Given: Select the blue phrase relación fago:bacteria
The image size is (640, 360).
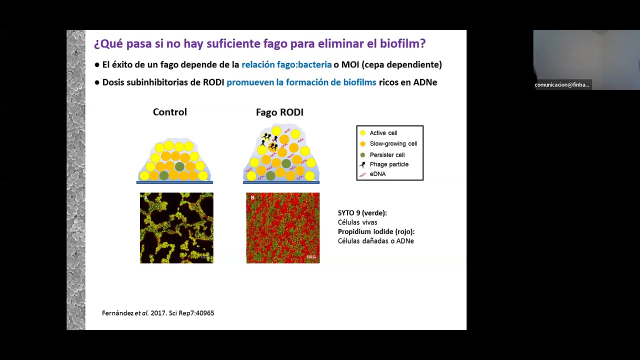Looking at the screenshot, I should tap(286, 64).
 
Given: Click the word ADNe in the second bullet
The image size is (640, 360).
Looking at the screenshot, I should tap(425, 82).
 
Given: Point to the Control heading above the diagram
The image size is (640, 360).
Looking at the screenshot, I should tap(170, 112).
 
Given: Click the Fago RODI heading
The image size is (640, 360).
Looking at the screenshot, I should tap(279, 112).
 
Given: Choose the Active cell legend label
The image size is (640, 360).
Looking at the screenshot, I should tap(383, 133).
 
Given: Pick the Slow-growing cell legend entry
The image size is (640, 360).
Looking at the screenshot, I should tap(393, 143).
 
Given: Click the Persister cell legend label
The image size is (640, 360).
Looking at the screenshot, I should tap(387, 155).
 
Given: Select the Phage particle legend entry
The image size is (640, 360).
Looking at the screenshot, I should tap(389, 164).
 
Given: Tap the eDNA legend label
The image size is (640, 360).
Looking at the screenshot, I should tap(377, 174).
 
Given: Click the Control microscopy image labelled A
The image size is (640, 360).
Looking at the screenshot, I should tap(176, 228).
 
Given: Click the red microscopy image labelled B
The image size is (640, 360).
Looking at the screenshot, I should tap(283, 228).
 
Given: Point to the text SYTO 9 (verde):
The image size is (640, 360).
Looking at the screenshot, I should tap(362, 213).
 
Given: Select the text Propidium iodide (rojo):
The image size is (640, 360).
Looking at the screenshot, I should tap(376, 231).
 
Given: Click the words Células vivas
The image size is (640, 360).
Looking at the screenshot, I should tap(357, 222).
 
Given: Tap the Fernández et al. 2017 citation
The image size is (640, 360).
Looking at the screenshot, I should tap(158, 313).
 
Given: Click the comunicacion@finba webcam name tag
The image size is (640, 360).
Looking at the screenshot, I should tap(562, 85).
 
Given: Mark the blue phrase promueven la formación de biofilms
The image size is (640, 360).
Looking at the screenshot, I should tap(301, 82).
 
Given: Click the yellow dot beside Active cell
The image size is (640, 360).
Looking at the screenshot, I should tap(363, 133).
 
